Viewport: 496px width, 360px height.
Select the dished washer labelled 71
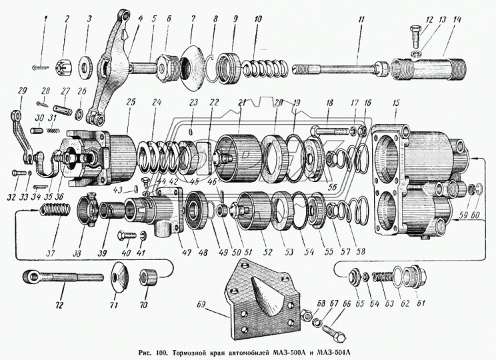[x=120, y=275]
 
